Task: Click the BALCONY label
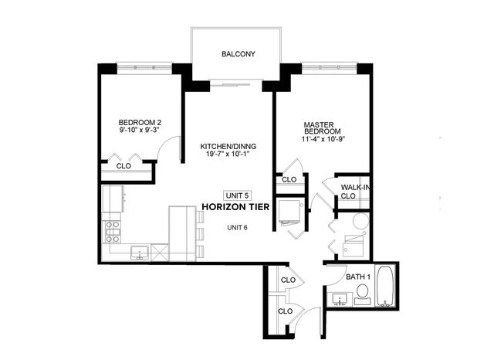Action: [238, 54]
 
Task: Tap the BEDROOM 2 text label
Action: [140, 122]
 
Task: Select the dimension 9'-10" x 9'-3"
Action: [140, 131]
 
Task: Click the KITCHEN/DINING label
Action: [228, 146]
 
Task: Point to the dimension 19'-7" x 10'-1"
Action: [228, 155]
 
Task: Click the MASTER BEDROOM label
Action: [318, 127]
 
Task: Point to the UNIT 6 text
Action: [237, 227]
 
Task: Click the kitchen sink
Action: [140, 251]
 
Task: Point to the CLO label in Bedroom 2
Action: [123, 165]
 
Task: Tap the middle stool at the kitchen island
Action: [201, 234]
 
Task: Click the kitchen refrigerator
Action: [113, 198]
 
